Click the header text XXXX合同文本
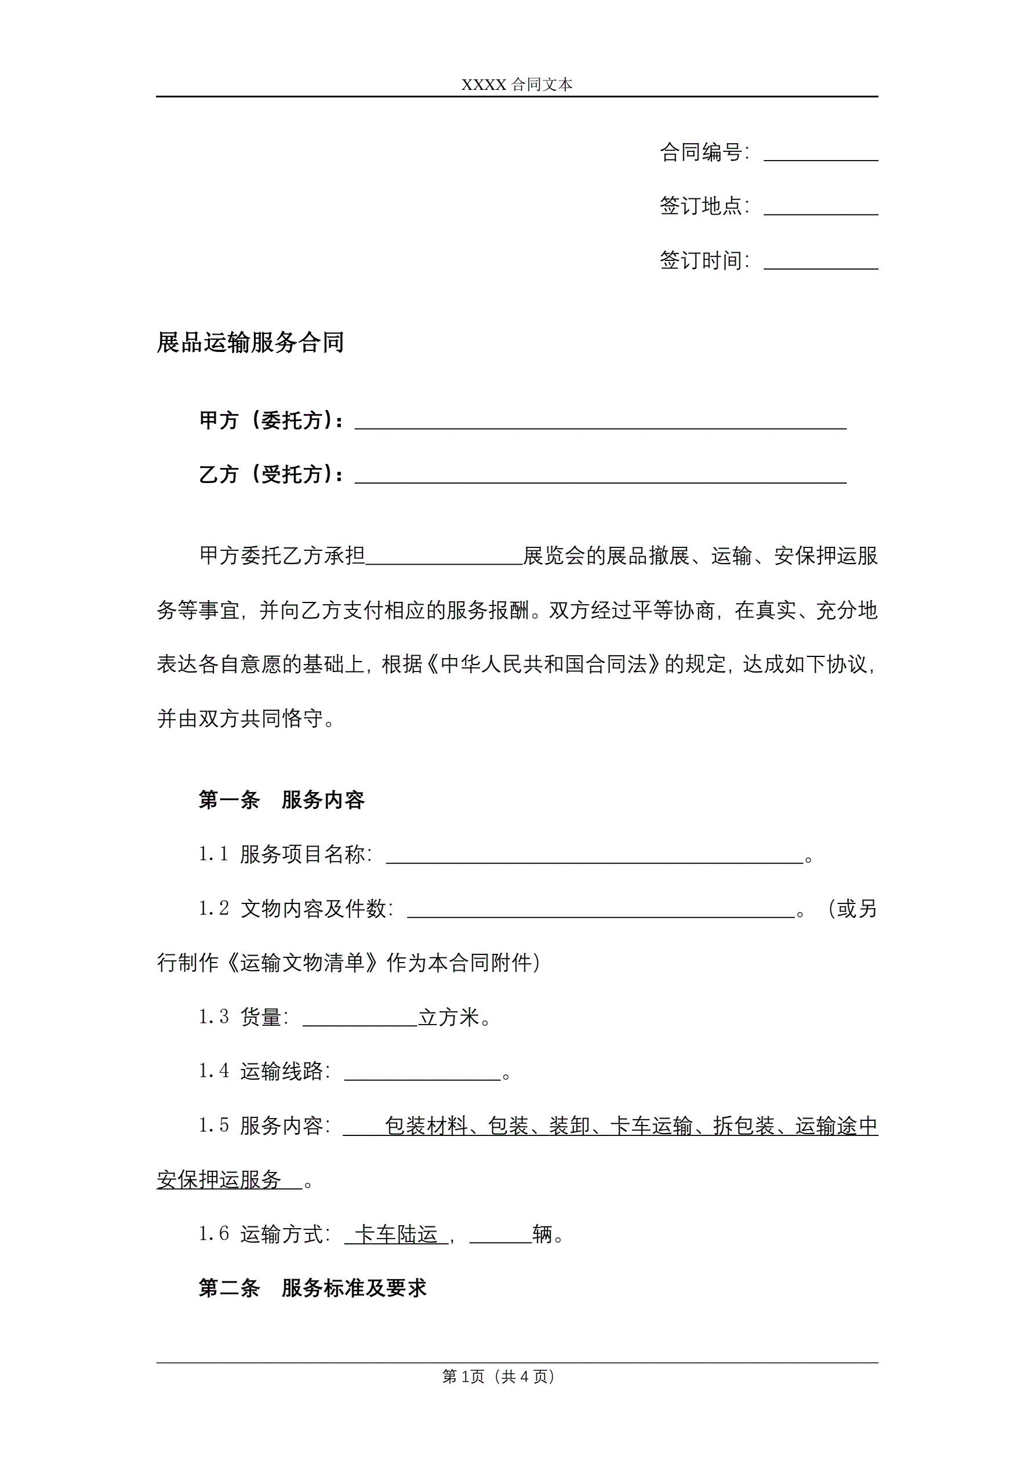pos(517,85)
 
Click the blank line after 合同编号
pos(820,155)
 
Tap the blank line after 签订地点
pos(820,209)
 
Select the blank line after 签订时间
pos(820,263)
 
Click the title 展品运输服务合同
pos(250,342)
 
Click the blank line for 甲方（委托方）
pos(600,423)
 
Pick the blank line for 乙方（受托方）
pos(600,477)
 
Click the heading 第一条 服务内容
pos(281,800)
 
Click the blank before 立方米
pos(360,1019)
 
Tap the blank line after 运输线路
pos(423,1074)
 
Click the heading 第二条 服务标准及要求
pos(313,1288)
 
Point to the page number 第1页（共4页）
pos(499,1377)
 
